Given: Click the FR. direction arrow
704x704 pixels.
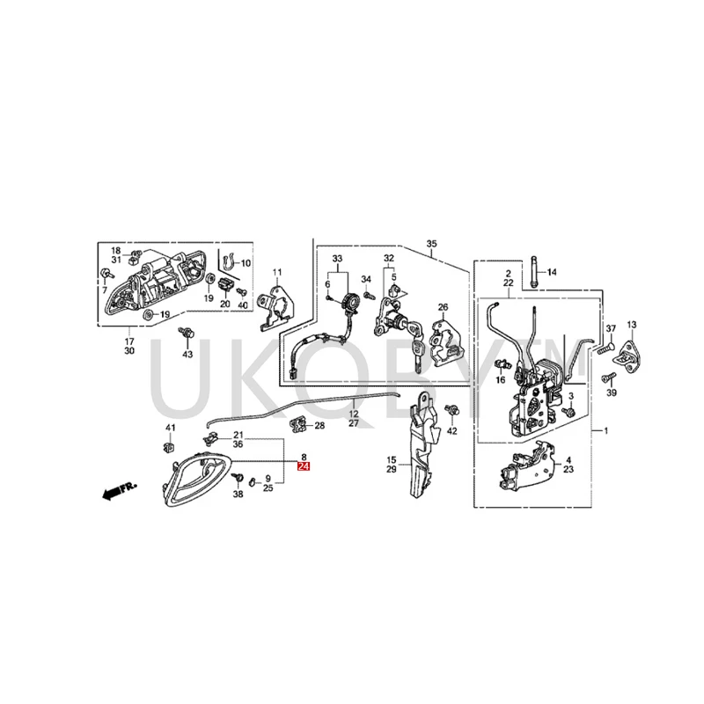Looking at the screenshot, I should point(117,490).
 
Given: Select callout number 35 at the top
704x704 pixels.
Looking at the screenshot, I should point(431,243).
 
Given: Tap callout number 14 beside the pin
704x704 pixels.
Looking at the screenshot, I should point(552,273).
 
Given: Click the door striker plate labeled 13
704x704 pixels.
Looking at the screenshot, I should point(631,349).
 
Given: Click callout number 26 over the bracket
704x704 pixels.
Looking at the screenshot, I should point(444,307).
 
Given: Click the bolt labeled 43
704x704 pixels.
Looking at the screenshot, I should point(186,334).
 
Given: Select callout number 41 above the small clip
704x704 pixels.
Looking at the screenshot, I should point(171,428).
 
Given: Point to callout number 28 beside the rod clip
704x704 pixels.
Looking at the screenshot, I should point(319,426).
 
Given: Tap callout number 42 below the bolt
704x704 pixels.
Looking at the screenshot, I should point(452,431).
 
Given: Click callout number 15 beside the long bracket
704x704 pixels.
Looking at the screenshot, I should point(392,459).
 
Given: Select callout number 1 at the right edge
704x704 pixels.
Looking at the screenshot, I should point(605,432).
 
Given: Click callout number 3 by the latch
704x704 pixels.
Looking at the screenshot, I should point(570,399).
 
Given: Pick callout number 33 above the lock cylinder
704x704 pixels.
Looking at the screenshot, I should point(336,259).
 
